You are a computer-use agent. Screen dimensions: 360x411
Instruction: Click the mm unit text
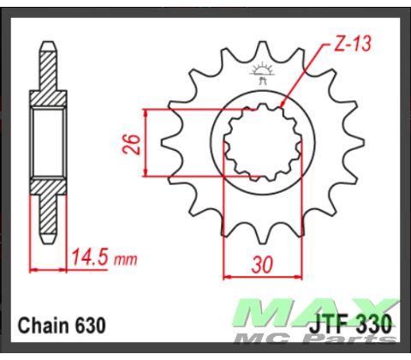pos(126,259)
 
